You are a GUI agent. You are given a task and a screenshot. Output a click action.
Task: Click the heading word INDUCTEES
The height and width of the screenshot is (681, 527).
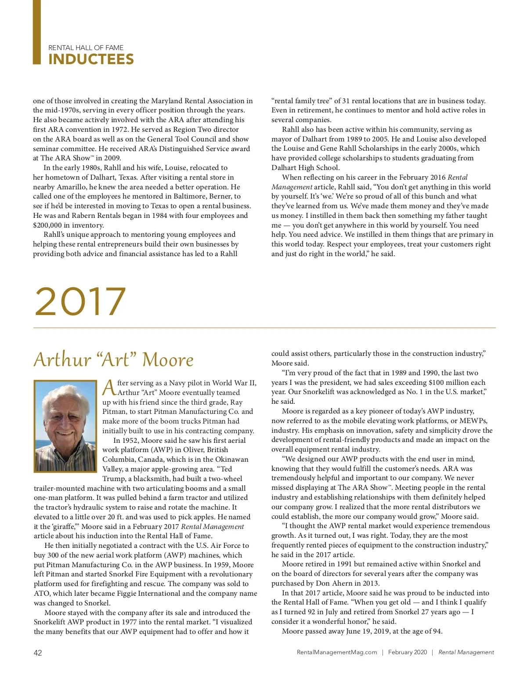(x=91, y=59)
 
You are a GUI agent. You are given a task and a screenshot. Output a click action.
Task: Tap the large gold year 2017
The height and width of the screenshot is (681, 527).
(x=80, y=301)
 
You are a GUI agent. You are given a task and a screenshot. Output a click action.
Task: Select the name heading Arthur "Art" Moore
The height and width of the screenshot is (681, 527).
(x=114, y=359)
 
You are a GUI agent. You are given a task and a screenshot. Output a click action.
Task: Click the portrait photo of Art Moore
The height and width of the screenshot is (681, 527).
(x=65, y=426)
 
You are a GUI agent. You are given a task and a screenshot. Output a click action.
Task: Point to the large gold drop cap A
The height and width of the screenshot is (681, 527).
(x=109, y=388)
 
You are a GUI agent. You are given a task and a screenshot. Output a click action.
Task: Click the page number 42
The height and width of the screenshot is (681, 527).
(x=38, y=653)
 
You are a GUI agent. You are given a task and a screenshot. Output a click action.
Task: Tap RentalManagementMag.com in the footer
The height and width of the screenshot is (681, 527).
(x=337, y=652)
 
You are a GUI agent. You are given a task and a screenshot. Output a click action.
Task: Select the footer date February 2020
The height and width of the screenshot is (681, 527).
(x=407, y=652)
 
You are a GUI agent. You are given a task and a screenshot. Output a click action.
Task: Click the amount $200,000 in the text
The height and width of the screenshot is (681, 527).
(x=47, y=225)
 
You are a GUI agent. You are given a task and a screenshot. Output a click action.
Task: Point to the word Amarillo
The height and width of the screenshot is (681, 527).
(x=72, y=187)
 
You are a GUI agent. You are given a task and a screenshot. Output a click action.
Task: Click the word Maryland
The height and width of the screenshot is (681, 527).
(x=167, y=101)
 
